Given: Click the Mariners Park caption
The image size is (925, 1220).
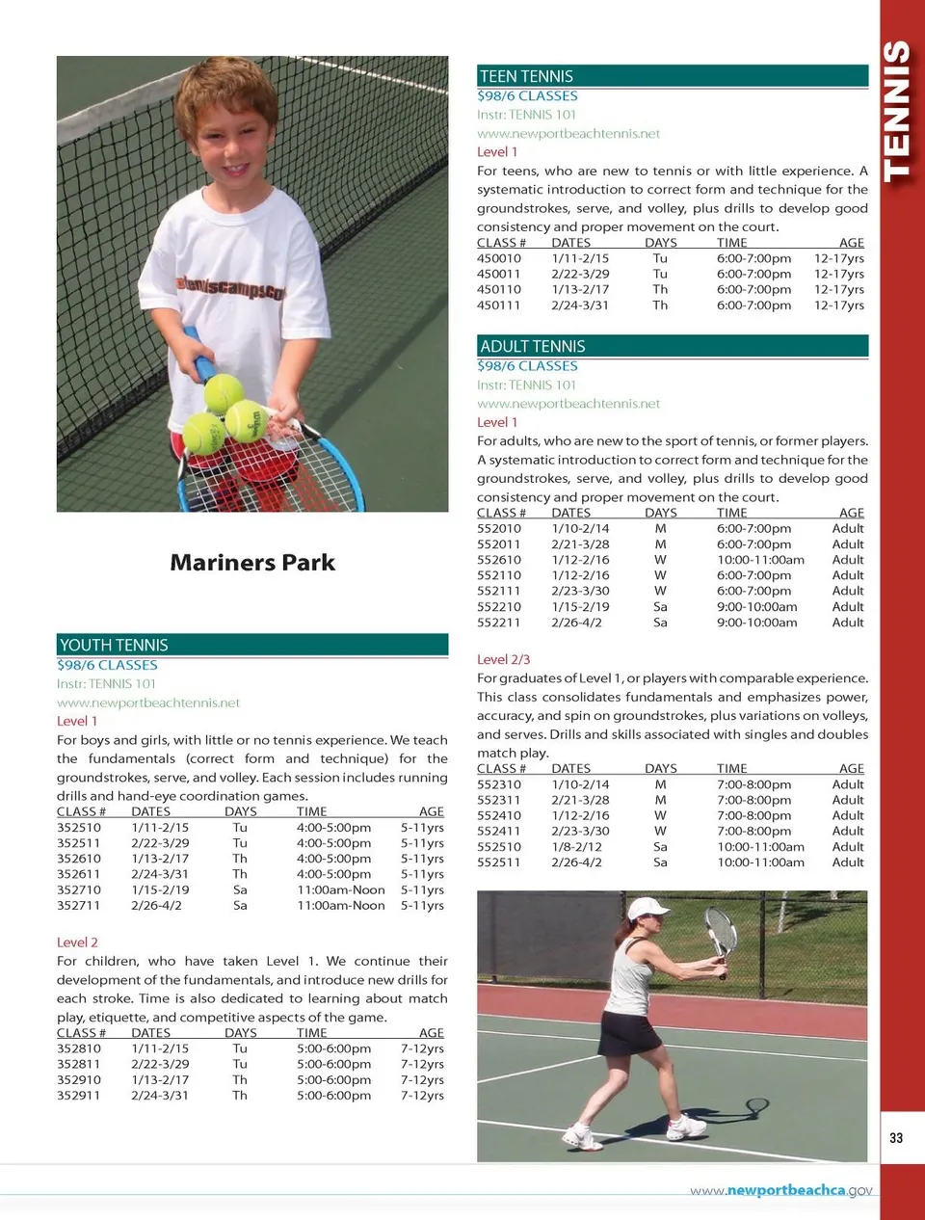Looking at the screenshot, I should (252, 563).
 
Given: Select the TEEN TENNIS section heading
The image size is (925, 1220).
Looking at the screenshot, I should (526, 76).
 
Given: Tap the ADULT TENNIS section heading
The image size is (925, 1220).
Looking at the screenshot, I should (532, 346).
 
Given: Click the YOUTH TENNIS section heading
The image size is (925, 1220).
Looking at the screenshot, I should (114, 645).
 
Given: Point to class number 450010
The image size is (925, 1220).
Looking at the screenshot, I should (498, 258).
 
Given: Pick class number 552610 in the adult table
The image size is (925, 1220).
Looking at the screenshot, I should (498, 560).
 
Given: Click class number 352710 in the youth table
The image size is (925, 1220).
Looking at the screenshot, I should (78, 889).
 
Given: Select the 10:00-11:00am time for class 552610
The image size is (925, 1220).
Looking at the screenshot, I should (759, 560).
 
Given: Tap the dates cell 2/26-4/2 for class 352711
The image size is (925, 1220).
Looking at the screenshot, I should (156, 905).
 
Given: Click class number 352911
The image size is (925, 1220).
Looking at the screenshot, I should (78, 1095).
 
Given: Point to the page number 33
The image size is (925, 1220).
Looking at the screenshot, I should (896, 1138).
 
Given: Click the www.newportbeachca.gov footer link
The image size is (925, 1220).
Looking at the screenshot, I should (780, 1190).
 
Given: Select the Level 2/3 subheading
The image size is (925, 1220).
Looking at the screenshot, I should (503, 659).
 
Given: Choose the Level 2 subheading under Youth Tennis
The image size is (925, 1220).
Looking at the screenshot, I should (77, 942).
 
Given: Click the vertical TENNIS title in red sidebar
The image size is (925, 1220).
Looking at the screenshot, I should (896, 111).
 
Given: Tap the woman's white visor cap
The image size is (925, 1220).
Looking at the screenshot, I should (646, 909).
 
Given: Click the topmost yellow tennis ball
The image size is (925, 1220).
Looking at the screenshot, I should (224, 393).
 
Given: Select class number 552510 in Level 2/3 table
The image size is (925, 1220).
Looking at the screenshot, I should (498, 846).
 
